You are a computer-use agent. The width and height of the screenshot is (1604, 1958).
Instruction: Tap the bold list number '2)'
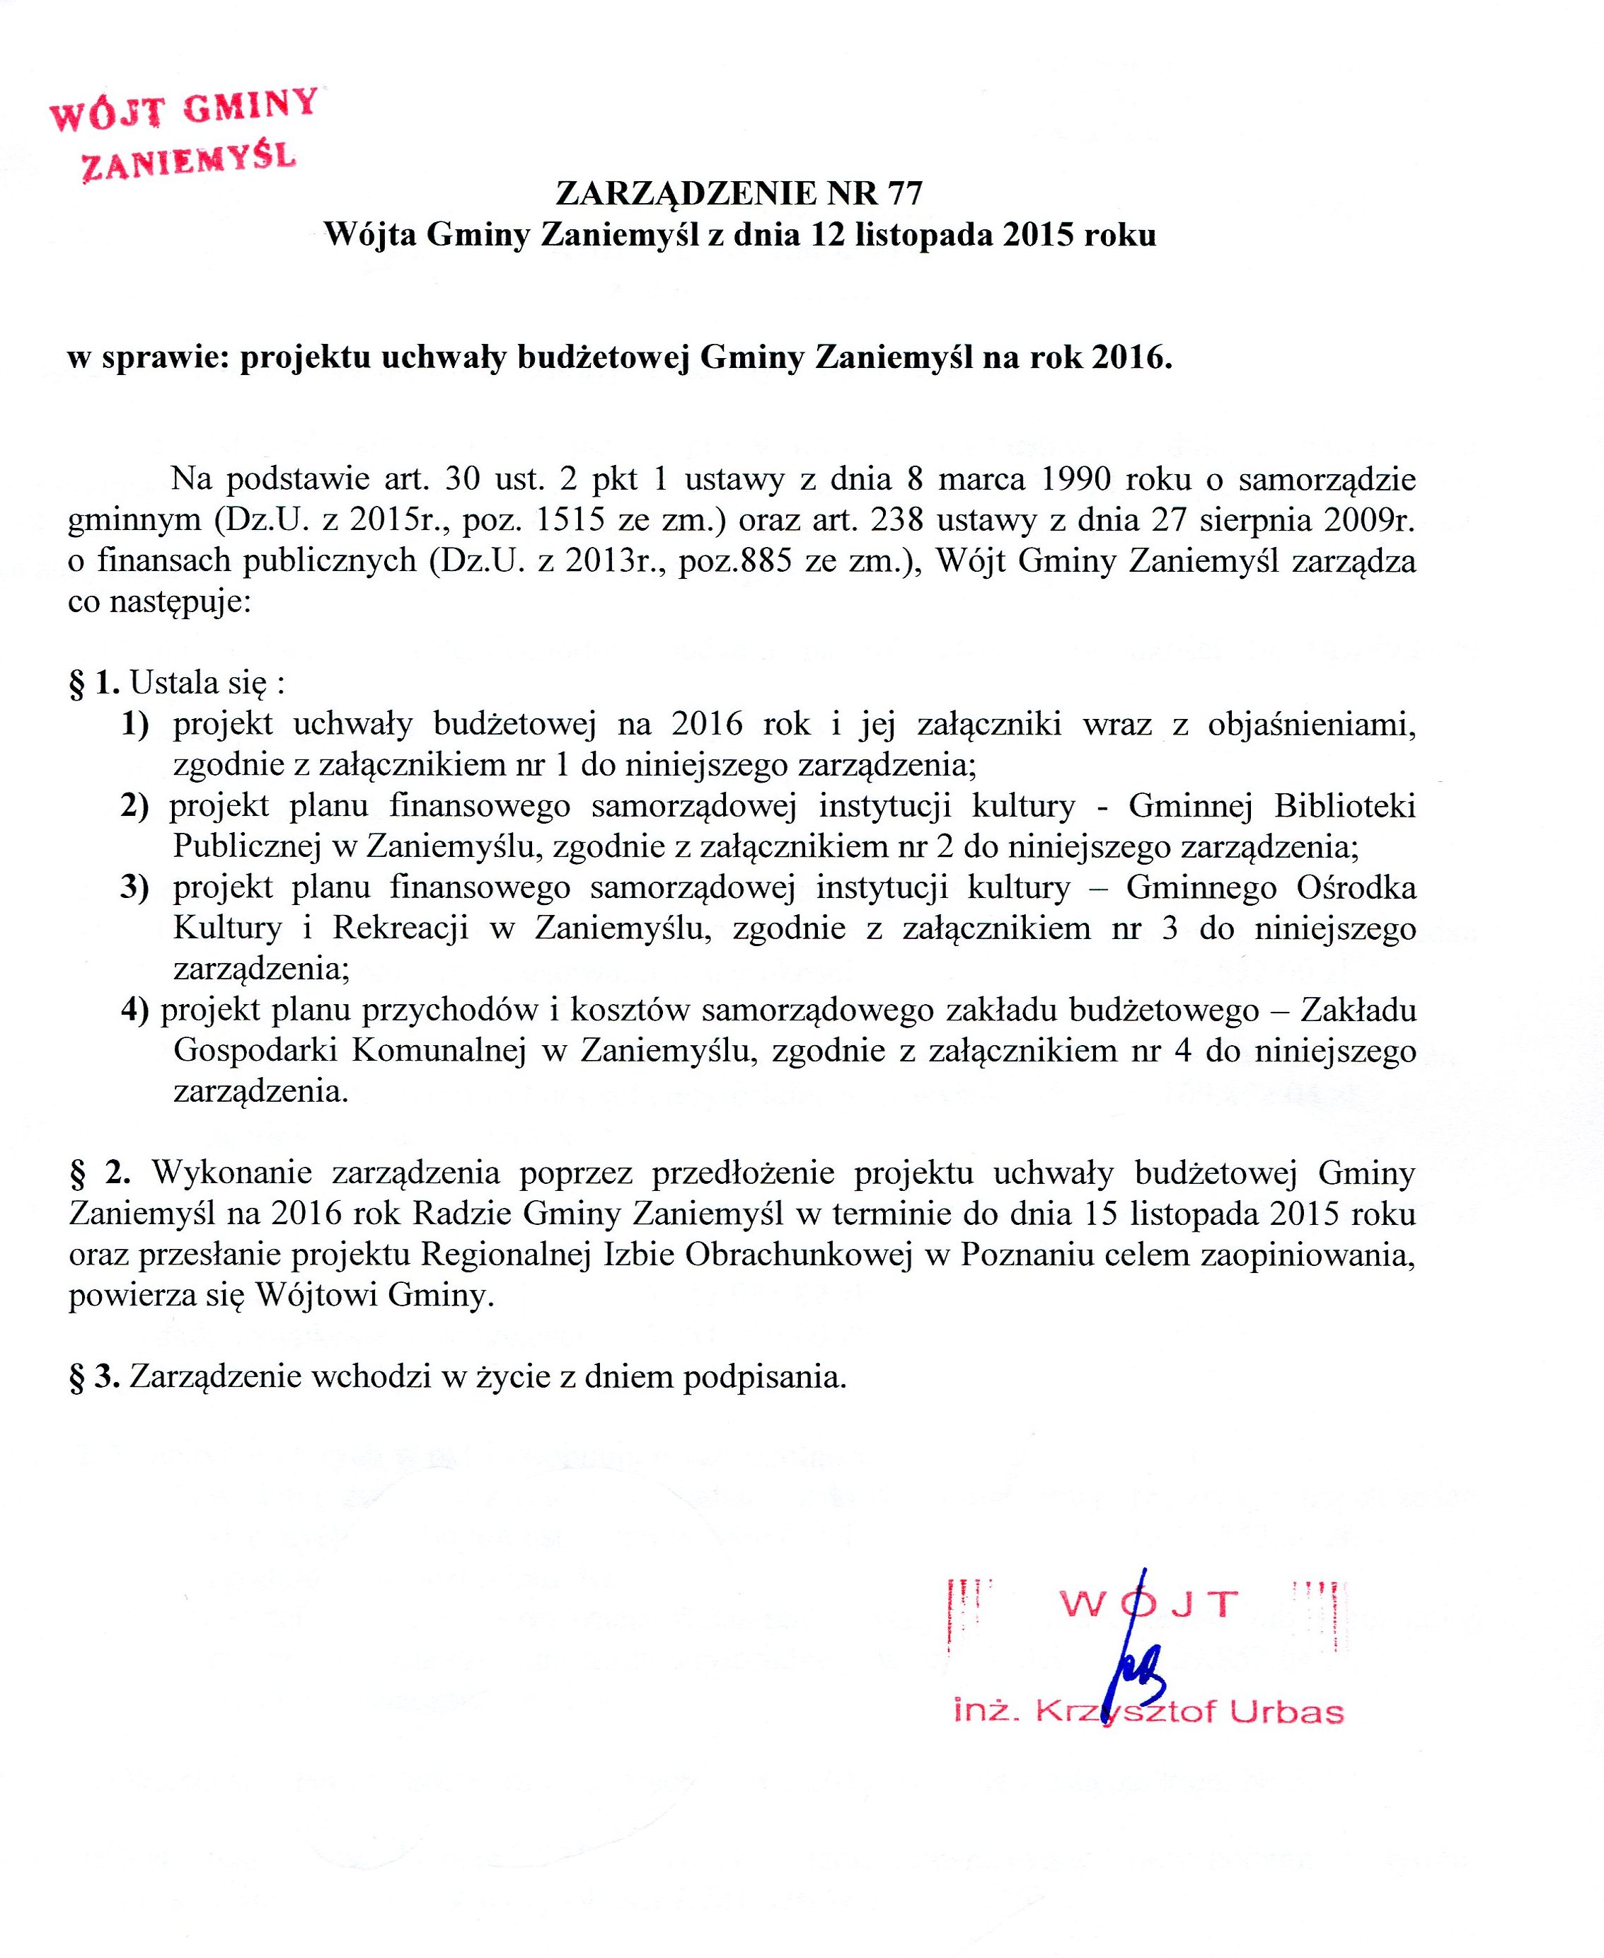[135, 806]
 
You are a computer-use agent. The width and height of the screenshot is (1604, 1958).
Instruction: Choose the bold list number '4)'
[135, 1010]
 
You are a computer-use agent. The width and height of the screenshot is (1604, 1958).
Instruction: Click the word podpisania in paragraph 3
[765, 1377]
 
